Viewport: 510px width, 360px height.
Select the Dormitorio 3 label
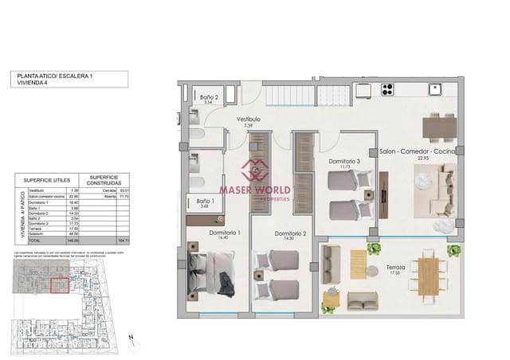tap(344, 162)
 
